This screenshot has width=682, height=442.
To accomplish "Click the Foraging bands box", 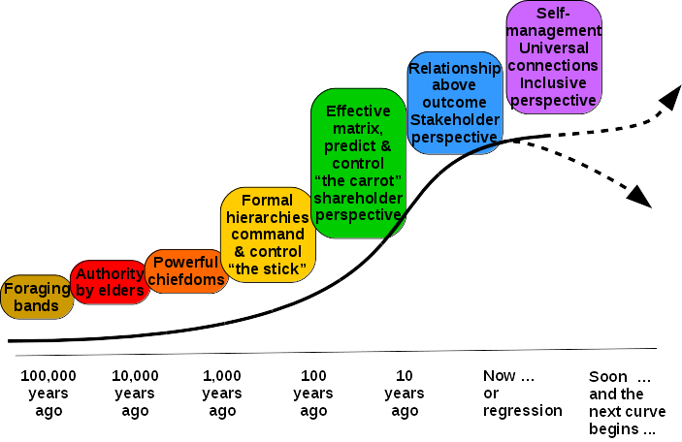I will [37, 297].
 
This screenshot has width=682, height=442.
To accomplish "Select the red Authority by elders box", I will [110, 282].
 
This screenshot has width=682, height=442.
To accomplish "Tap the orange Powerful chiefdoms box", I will [186, 271].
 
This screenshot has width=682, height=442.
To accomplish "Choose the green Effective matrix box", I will [357, 163].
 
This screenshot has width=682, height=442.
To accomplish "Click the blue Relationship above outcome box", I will [454, 102].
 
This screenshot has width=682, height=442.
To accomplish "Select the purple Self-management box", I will [553, 56].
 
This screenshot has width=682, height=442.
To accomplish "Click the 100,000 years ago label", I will [49, 393].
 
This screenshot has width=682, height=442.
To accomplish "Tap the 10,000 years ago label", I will [135, 393].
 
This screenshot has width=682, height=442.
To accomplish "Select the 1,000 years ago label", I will [222, 393].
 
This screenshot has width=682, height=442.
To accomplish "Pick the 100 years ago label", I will [313, 393].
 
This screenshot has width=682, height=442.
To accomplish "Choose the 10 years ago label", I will [404, 393].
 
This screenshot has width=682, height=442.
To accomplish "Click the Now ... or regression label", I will [523, 393].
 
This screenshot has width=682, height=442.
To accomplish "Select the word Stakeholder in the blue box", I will [454, 119].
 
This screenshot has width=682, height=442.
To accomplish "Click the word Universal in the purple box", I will [553, 47].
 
